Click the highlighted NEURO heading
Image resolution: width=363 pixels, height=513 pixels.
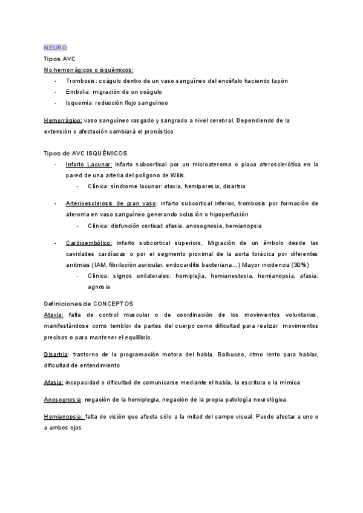click(x=56, y=48)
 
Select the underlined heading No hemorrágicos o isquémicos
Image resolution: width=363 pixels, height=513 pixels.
click(x=88, y=70)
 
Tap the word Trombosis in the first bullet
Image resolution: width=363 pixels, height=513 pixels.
click(x=79, y=81)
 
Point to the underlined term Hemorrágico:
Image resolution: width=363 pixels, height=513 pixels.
click(x=63, y=120)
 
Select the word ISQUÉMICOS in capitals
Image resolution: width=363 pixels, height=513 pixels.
click(x=107, y=153)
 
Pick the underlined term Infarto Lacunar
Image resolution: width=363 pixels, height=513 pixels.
click(x=88, y=164)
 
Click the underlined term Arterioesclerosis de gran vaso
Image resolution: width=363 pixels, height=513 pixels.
click(x=111, y=204)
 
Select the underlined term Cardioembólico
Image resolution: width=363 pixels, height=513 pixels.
click(x=88, y=243)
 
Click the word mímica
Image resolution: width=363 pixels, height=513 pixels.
click(x=287, y=382)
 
